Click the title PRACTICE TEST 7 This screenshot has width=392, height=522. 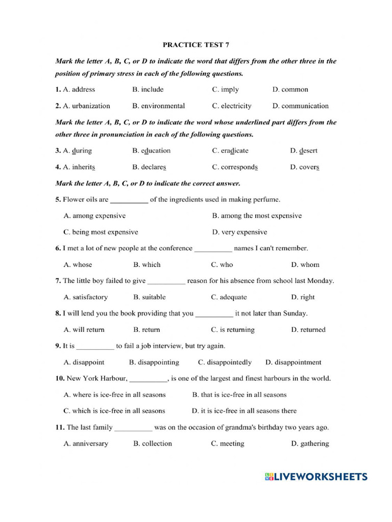pyautogui.click(x=196, y=45)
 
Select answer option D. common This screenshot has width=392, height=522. pyautogui.click(x=290, y=90)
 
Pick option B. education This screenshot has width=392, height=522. pyautogui.click(x=151, y=151)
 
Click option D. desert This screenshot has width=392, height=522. pyautogui.click(x=304, y=151)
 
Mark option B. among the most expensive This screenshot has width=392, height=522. pyautogui.click(x=257, y=216)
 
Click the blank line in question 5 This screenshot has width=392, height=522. pyautogui.click(x=129, y=200)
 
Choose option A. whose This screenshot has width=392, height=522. pyautogui.click(x=78, y=265)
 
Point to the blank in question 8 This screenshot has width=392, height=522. pyautogui.click(x=214, y=314)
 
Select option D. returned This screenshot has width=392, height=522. pyautogui.click(x=308, y=330)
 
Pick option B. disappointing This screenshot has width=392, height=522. pyautogui.click(x=154, y=362)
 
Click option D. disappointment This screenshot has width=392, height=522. pyautogui.click(x=293, y=362)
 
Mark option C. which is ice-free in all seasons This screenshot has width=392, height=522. pyautogui.click(x=114, y=411)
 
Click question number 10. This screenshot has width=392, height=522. pyautogui.click(x=60, y=378)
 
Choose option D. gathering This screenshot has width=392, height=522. pyautogui.click(x=310, y=443)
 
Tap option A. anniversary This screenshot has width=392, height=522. pyautogui.click(x=86, y=443)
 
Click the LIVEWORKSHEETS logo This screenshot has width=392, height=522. pyautogui.click(x=316, y=477)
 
